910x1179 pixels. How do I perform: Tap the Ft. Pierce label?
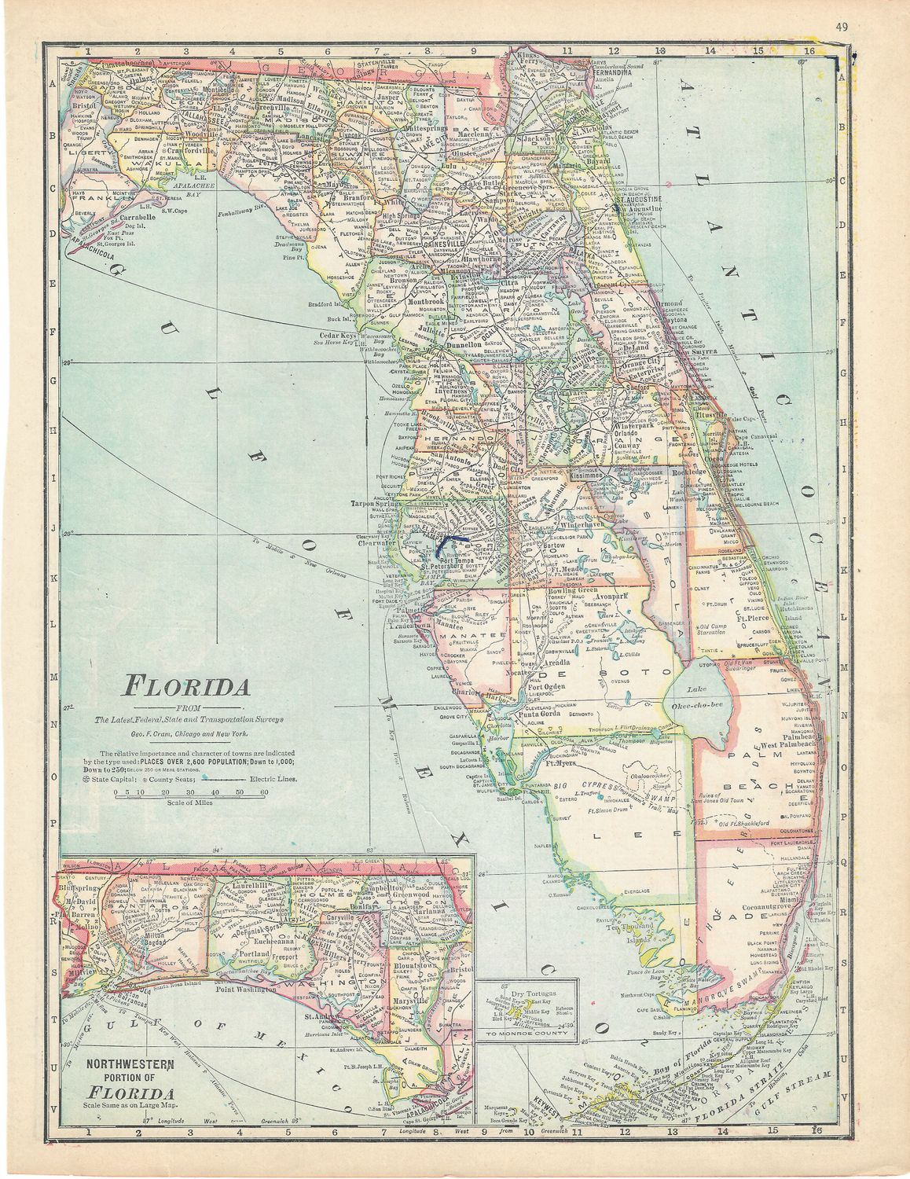coord(751,617)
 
